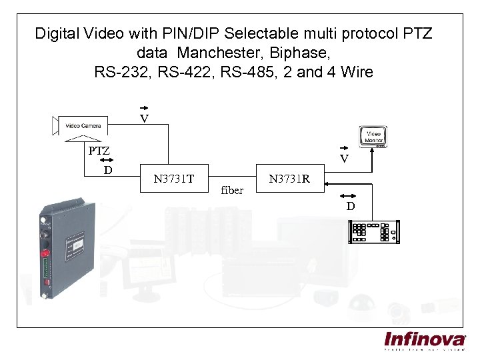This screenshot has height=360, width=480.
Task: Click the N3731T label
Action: pos(173,178)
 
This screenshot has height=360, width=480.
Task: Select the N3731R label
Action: pos(289,178)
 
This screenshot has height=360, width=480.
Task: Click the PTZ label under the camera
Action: pos(100,151)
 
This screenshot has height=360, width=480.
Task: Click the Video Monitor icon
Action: pos(375,135)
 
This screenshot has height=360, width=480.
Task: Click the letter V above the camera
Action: pos(143,119)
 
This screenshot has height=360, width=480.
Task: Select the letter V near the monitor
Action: pos(344,159)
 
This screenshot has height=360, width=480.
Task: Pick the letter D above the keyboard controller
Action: pos(350,206)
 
